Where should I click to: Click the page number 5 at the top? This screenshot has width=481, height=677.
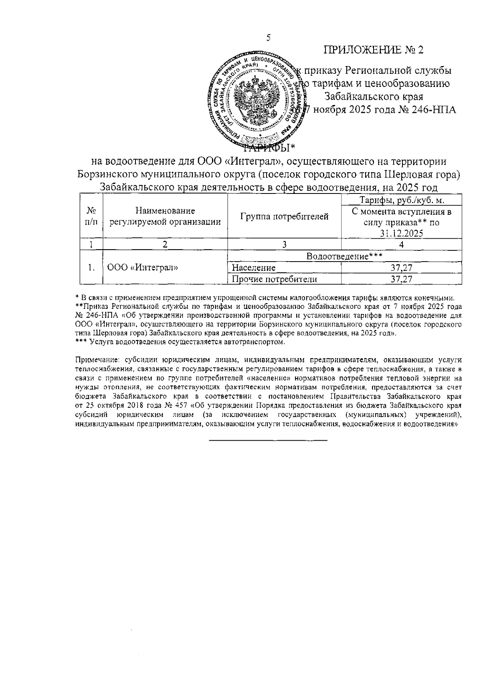pyautogui.click(x=268, y=38)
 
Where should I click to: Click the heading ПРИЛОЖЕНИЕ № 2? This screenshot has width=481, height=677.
pyautogui.click(x=374, y=50)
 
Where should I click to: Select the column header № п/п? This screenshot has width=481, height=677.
pyautogui.click(x=92, y=216)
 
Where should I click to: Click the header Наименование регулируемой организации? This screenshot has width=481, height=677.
pyautogui.click(x=165, y=216)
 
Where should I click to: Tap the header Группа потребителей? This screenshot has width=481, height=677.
pyautogui.click(x=284, y=217)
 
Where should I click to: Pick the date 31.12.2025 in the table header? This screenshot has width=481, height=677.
pyautogui.click(x=402, y=234)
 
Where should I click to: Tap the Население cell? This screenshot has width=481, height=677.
pyautogui.click(x=254, y=268)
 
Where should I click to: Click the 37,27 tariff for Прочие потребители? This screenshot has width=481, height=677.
pyautogui.click(x=402, y=279)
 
